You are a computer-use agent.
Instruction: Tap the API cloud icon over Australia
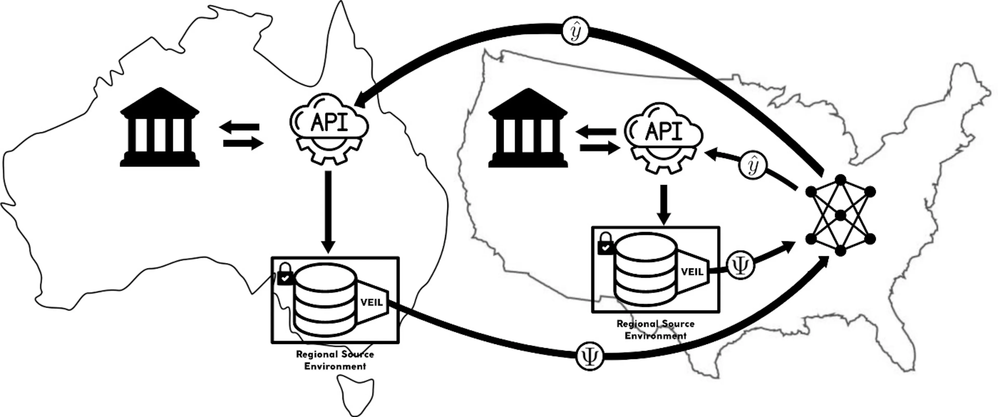pyautogui.click(x=329, y=129)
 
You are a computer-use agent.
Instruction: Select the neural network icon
pyautogui.click(x=840, y=215)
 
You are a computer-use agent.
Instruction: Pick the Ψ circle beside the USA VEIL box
pyautogui.click(x=740, y=265)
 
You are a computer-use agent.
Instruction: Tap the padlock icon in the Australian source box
pyautogui.click(x=285, y=274)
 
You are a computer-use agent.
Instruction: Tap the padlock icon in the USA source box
pyautogui.click(x=606, y=243)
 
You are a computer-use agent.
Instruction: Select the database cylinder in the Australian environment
pyautogui.click(x=325, y=300)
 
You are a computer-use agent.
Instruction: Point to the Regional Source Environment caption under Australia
pyautogui.click(x=335, y=360)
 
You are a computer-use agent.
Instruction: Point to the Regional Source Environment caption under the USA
pyautogui.click(x=655, y=329)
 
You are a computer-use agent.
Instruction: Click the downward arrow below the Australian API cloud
pyautogui.click(x=328, y=212)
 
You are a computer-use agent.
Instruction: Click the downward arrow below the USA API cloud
pyautogui.click(x=664, y=205)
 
